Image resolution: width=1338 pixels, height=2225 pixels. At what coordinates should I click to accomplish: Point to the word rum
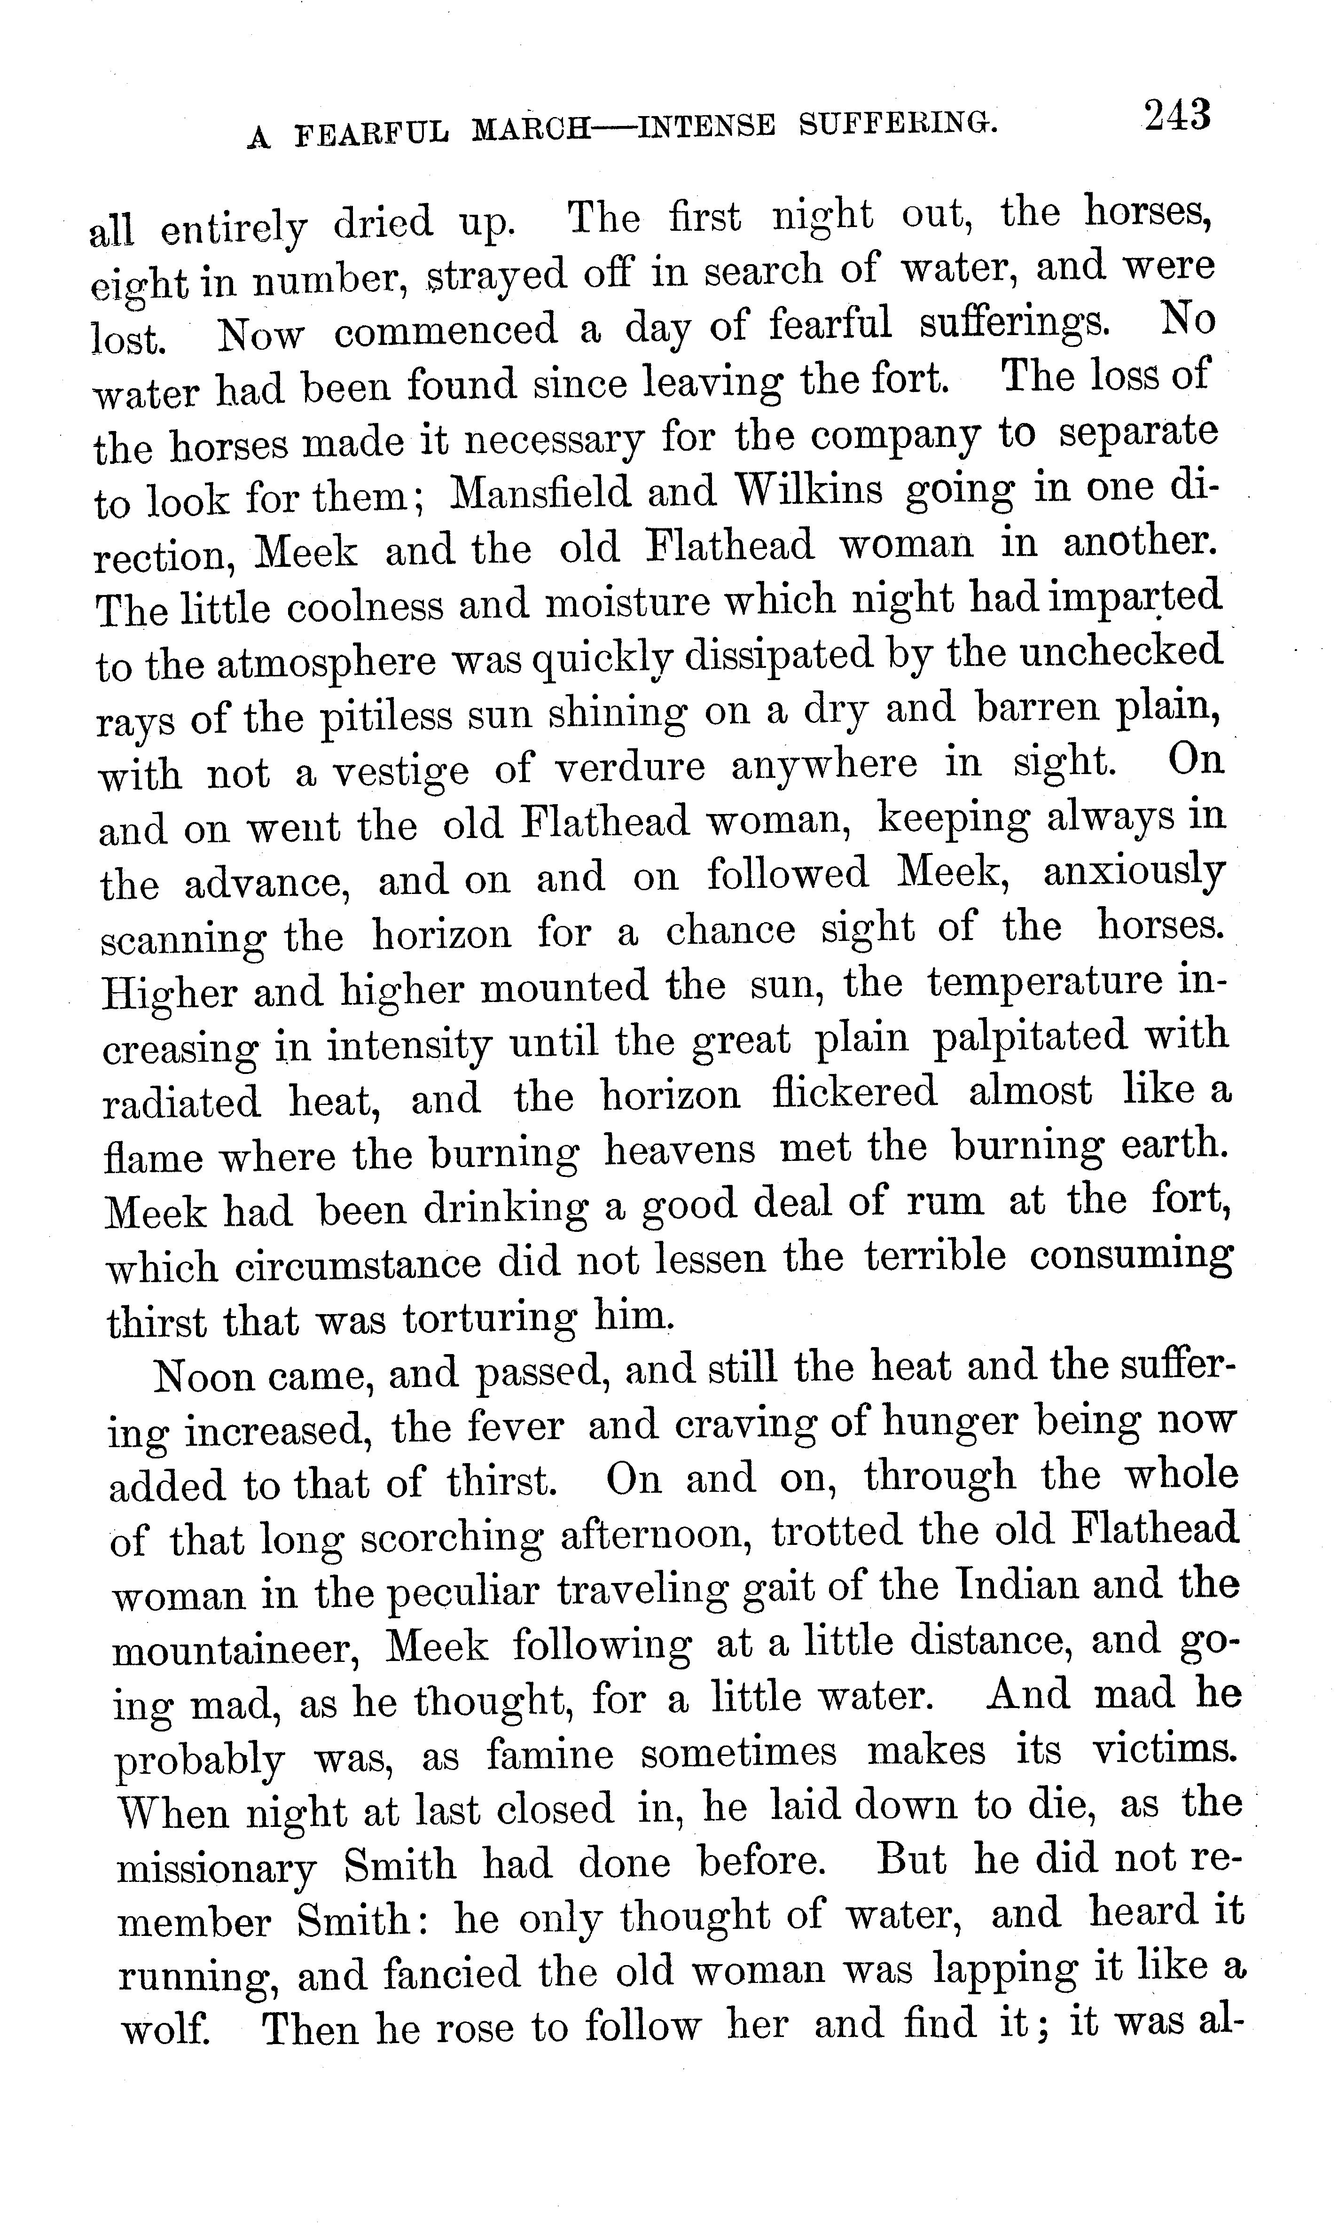click(944, 1203)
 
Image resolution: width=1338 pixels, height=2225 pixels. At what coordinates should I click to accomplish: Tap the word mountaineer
click(236, 1650)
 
